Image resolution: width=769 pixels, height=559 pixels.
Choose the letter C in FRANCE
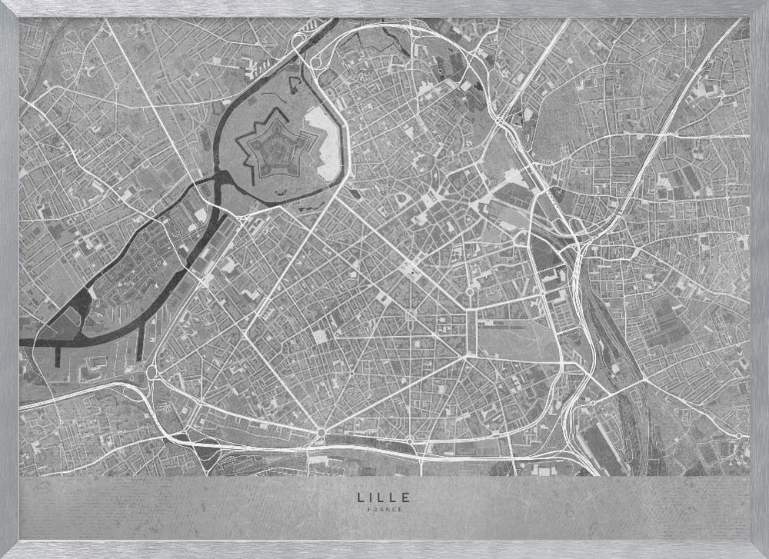391,509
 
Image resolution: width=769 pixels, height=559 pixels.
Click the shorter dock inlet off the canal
58,354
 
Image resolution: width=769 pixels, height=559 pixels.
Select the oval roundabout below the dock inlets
151,374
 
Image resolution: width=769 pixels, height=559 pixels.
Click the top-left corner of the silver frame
3,3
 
